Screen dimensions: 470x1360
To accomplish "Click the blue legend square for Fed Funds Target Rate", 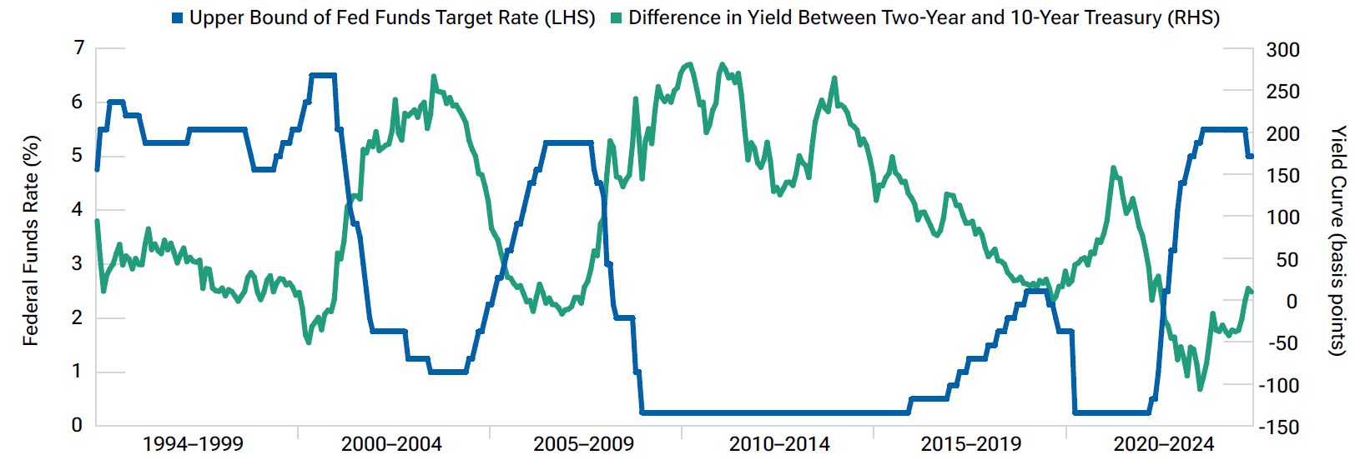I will [x=177, y=18].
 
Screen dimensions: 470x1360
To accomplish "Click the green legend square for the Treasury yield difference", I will [x=617, y=18].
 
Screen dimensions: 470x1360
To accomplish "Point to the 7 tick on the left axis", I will [x=79, y=48].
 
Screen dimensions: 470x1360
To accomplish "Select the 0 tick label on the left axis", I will [x=78, y=425].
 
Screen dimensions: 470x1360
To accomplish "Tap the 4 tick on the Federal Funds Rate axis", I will [x=78, y=210].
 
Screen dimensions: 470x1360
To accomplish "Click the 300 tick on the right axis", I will [x=1282, y=50].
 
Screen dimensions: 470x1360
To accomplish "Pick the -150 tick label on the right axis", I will [x=1278, y=427].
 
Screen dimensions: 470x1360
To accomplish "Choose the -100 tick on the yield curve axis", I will [x=1278, y=385].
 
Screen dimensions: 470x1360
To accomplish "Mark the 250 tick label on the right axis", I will [x=1282, y=92].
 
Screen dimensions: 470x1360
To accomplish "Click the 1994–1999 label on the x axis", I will [x=193, y=444].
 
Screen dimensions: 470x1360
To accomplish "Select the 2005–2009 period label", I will [x=583, y=444].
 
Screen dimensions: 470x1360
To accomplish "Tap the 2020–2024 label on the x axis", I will [x=1163, y=444].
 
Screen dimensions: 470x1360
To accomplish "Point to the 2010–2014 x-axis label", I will [x=779, y=444].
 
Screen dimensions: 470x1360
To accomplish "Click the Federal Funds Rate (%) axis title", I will [x=31, y=240].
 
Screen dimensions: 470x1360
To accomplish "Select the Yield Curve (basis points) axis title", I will [x=1337, y=240].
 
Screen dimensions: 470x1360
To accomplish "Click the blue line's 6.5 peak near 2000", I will [x=323, y=75].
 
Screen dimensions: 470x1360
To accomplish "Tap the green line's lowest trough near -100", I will [x=1200, y=389].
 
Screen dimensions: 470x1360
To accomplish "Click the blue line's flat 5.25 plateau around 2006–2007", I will [x=568, y=142].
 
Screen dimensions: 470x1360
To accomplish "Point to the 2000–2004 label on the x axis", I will [x=391, y=444].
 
